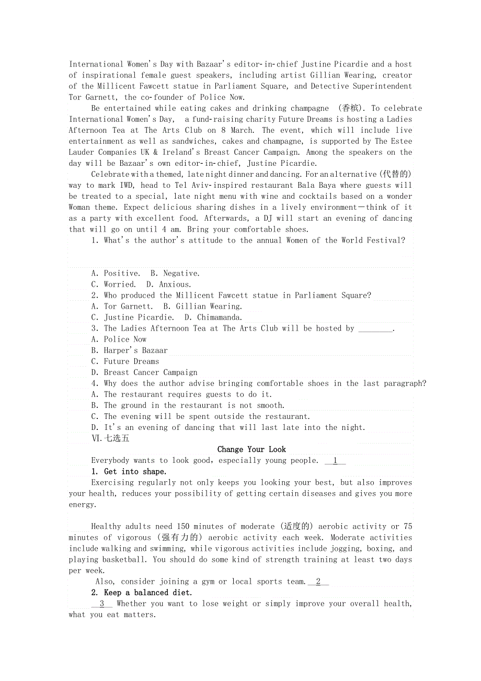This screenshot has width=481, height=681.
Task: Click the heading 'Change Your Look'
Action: (x=251, y=449)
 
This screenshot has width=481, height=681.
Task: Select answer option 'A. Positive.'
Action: (x=116, y=273)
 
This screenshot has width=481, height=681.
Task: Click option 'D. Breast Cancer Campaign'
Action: (x=144, y=372)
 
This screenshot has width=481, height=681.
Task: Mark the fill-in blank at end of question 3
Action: (x=375, y=329)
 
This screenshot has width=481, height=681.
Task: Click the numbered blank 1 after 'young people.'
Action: (x=335, y=461)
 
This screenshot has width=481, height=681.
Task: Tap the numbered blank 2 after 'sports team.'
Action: (x=318, y=582)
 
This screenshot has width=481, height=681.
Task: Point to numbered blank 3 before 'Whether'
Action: (x=102, y=604)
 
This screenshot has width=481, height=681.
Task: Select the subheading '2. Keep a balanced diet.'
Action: (x=141, y=593)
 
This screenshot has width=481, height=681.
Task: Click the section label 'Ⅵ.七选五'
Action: (x=110, y=438)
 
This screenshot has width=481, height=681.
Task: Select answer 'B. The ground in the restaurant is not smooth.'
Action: (x=188, y=405)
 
